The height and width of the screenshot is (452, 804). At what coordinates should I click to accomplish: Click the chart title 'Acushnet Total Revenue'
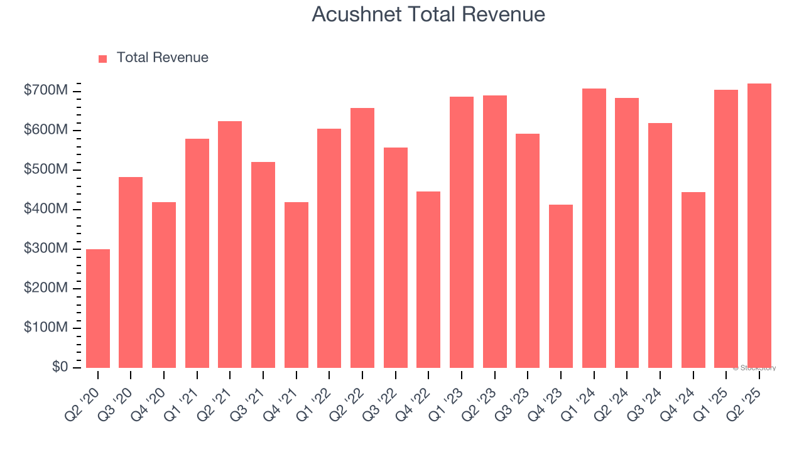point(428,14)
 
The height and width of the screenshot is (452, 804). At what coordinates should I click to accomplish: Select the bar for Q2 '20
point(98,308)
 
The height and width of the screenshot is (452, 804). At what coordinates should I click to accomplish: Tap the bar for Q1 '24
point(594,228)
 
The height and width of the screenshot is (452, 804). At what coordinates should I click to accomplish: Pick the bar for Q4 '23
point(561,286)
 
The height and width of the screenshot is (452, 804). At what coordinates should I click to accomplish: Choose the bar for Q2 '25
point(759,225)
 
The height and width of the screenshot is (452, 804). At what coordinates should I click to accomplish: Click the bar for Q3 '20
point(131,272)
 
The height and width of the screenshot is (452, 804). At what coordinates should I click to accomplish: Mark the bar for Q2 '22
point(362,238)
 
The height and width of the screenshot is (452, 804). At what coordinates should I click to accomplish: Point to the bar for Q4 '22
point(428,279)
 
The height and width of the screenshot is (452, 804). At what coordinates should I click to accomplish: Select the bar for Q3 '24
point(660,245)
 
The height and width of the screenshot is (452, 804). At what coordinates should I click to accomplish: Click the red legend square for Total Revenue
point(103,58)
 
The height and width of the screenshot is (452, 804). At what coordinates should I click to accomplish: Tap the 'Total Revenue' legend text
point(162,58)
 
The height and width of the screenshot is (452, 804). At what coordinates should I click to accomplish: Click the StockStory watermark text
point(754,368)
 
